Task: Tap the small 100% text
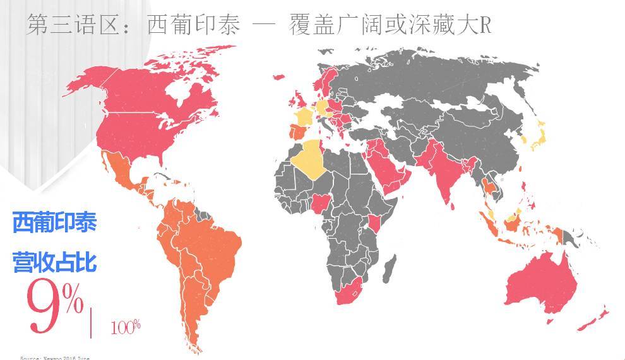(126, 327)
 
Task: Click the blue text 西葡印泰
(54, 223)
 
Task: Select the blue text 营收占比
(54, 261)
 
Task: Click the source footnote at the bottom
(55, 357)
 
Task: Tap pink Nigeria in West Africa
(323, 203)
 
